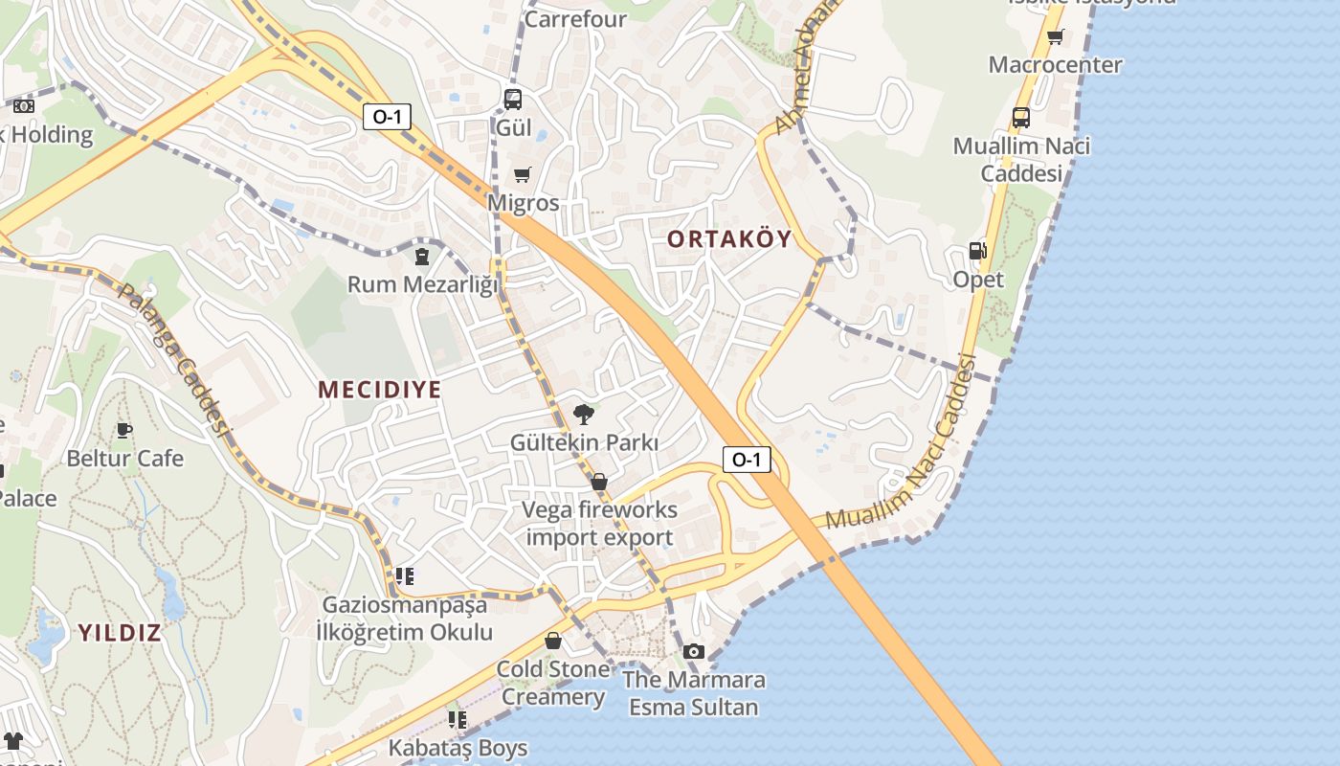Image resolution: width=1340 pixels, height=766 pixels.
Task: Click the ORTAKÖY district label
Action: click(x=729, y=238)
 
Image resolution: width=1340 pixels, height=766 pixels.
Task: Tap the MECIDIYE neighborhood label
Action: click(x=380, y=389)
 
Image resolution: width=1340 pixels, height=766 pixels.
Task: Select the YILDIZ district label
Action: click(x=120, y=632)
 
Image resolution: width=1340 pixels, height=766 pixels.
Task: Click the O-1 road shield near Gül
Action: click(x=388, y=117)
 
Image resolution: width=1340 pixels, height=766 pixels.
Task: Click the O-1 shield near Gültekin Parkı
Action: click(x=746, y=460)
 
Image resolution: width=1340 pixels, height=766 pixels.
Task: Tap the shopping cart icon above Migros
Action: click(x=522, y=174)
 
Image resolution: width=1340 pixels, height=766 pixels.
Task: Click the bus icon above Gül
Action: click(x=513, y=99)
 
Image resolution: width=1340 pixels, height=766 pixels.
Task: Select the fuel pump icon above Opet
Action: click(x=977, y=251)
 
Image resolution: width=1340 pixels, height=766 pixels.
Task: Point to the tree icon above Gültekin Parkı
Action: click(x=583, y=415)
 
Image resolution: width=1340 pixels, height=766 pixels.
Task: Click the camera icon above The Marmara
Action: click(x=694, y=651)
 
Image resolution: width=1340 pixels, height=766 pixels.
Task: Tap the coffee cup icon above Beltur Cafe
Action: click(x=123, y=430)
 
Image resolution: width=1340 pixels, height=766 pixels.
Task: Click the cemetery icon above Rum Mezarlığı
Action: click(x=422, y=256)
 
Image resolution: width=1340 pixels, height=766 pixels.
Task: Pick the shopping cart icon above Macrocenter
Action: click(x=1055, y=36)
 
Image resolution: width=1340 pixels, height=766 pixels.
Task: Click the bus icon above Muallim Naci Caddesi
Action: click(x=1021, y=118)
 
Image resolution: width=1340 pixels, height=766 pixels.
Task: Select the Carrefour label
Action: click(x=575, y=19)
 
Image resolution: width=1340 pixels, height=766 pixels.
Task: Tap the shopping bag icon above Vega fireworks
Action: click(x=599, y=481)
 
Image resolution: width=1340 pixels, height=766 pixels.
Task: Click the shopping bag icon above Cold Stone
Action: click(x=553, y=641)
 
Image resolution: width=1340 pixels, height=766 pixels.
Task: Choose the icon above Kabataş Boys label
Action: click(x=458, y=719)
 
